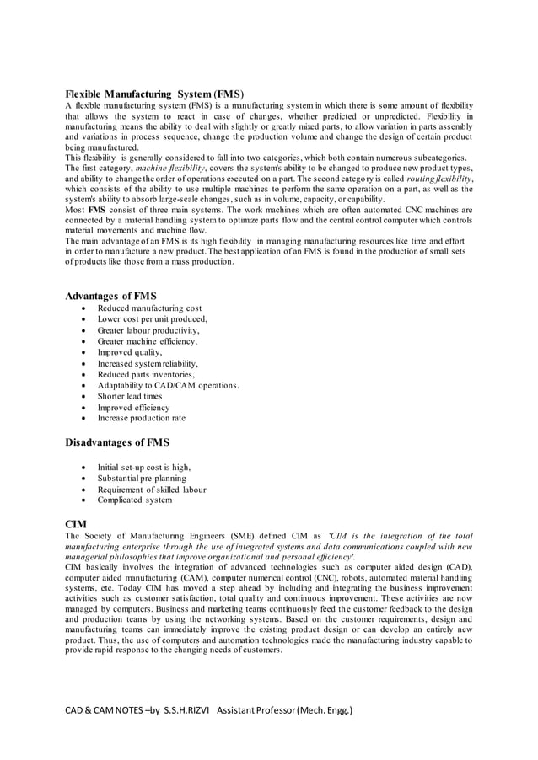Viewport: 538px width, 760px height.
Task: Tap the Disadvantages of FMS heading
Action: [117, 442]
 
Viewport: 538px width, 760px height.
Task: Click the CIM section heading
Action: [76, 523]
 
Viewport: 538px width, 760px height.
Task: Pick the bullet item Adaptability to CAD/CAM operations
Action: [168, 385]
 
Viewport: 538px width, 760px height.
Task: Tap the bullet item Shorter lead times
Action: [129, 396]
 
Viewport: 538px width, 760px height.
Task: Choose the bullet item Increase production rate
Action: [141, 418]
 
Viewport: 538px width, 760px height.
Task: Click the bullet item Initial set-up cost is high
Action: [144, 467]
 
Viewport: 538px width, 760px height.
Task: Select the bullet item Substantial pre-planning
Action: [139, 478]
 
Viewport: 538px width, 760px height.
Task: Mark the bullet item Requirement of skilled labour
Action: [151, 489]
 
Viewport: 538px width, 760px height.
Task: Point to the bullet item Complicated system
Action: [134, 500]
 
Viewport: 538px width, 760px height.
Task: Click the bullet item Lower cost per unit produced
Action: [152, 319]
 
